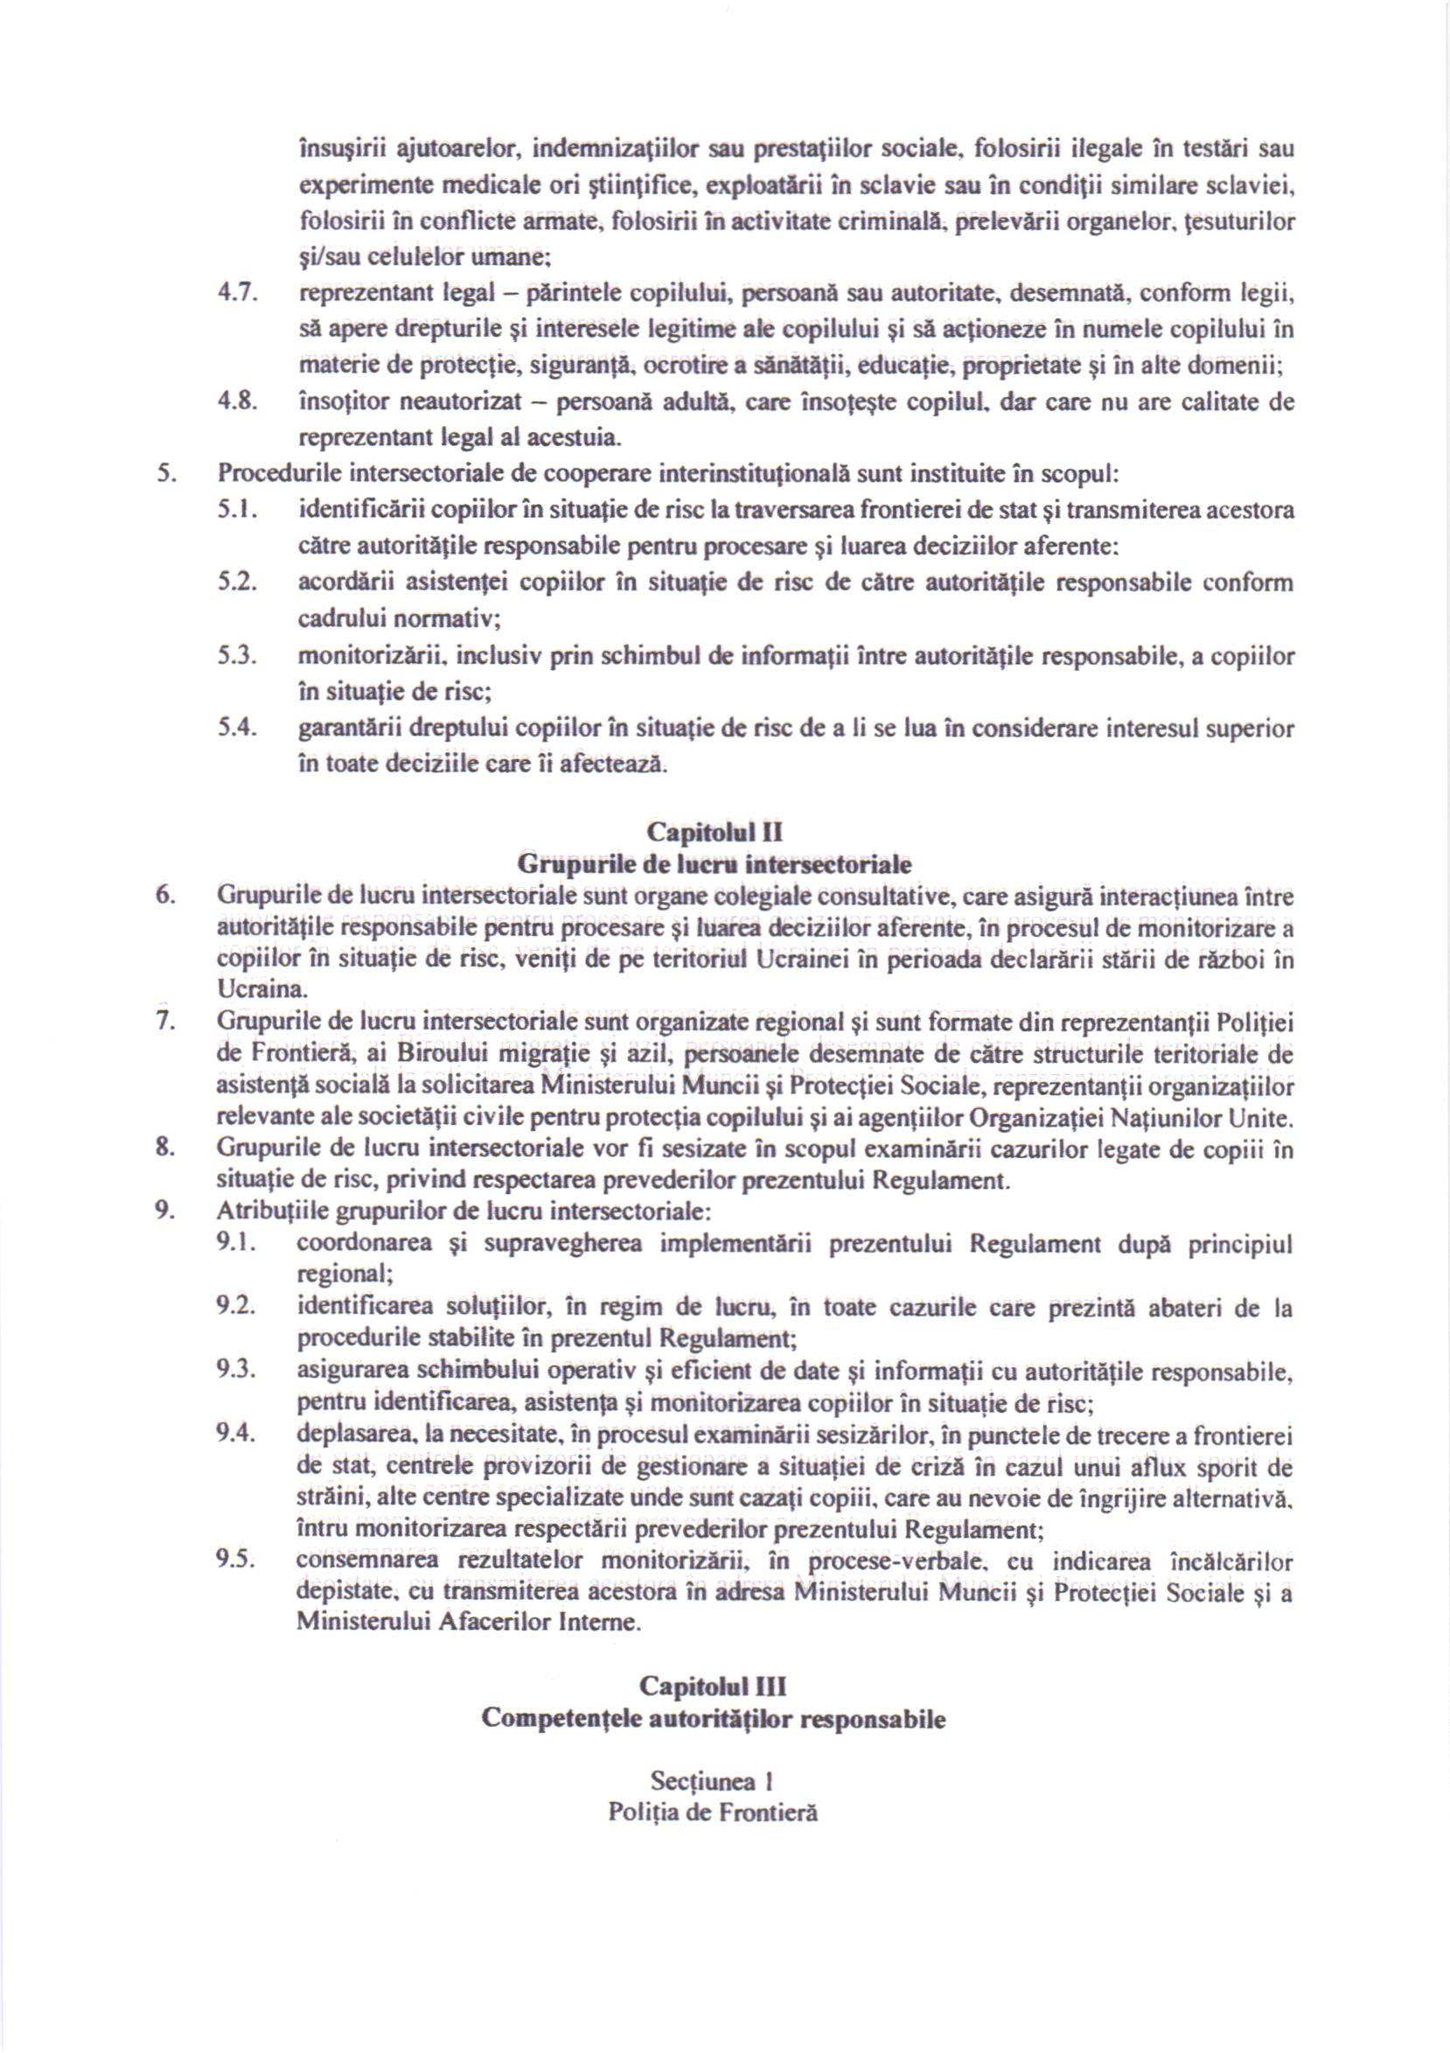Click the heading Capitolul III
click(x=714, y=1686)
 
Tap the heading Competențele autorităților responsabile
click(x=714, y=1720)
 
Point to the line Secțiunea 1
click(x=713, y=1781)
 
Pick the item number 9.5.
click(x=236, y=1560)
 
